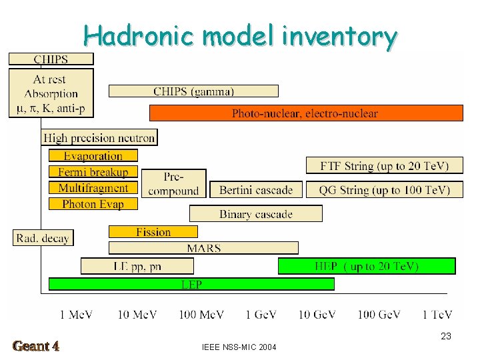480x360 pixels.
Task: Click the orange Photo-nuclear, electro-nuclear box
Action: pyautogui.click(x=306, y=113)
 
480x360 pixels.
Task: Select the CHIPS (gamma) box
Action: pyautogui.click(x=193, y=91)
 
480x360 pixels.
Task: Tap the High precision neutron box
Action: pyautogui.click(x=99, y=138)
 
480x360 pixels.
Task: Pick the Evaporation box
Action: pyautogui.click(x=93, y=156)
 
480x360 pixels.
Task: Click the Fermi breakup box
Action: pyautogui.click(x=93, y=172)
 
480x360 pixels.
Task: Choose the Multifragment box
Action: pyautogui.click(x=93, y=188)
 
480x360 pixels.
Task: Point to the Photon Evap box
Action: pyautogui.click(x=93, y=204)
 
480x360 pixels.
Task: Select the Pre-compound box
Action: pyautogui.click(x=173, y=183)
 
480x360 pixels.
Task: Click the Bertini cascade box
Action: pyautogui.click(x=256, y=190)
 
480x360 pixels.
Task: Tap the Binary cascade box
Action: pyautogui.click(x=256, y=214)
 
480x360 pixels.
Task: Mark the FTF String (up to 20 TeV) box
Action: pyautogui.click(x=384, y=166)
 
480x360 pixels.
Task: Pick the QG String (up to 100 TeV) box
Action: pyautogui.click(x=384, y=190)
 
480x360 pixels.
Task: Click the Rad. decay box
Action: pyautogui.click(x=43, y=237)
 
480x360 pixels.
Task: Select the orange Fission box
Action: pyautogui.click(x=153, y=232)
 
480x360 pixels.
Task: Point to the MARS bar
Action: pyautogui.click(x=203, y=248)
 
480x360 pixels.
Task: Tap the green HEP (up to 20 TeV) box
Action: pyautogui.click(x=367, y=266)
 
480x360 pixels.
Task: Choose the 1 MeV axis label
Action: pyautogui.click(x=76, y=314)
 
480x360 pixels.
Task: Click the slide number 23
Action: pyautogui.click(x=446, y=337)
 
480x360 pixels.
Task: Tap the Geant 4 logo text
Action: pyautogui.click(x=36, y=346)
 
